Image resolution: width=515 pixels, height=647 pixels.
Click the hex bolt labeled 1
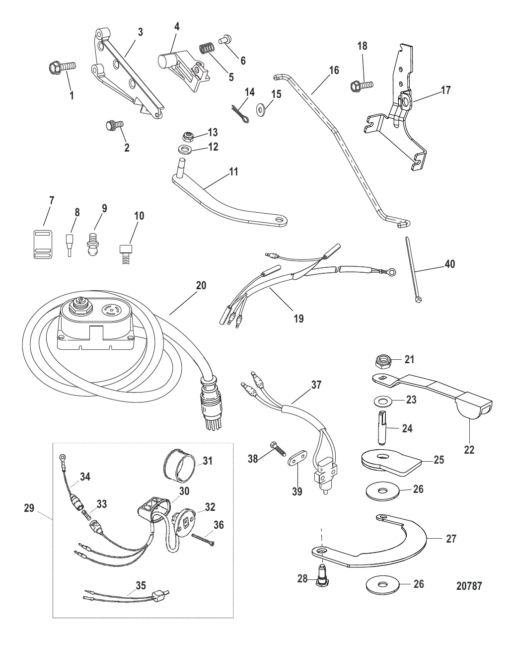pyautogui.click(x=63, y=66)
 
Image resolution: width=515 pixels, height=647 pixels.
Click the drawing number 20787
pyautogui.click(x=469, y=586)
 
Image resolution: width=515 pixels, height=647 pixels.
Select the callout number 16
pyautogui.click(x=334, y=70)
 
